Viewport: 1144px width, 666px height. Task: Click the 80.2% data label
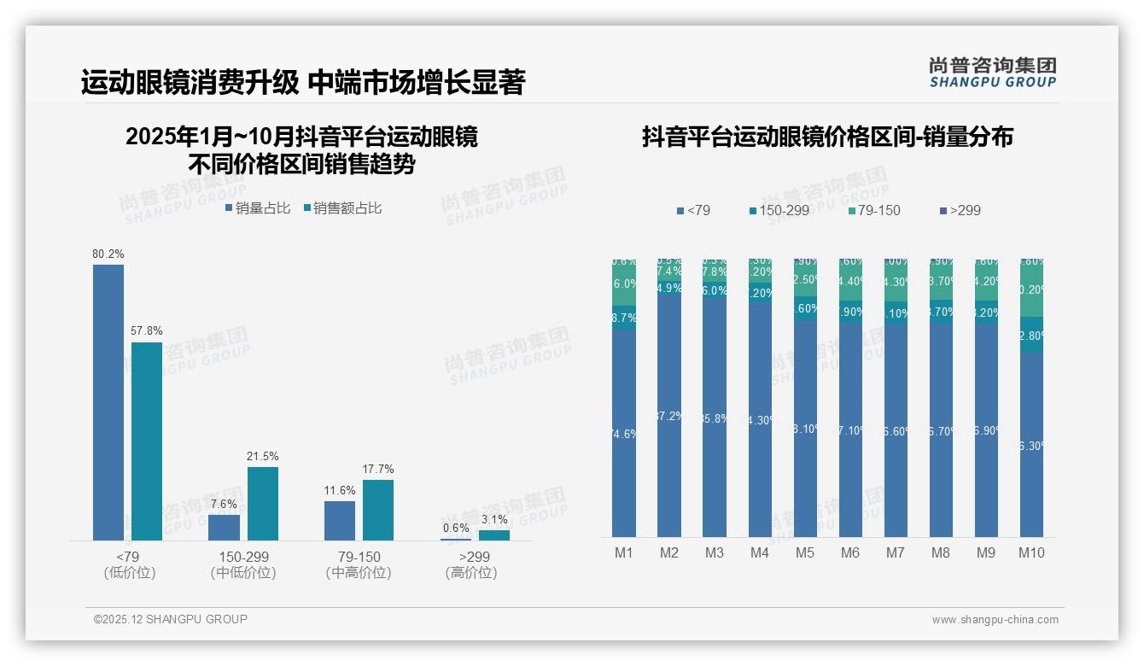tap(108, 254)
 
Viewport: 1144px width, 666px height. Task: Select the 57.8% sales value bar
tap(147, 441)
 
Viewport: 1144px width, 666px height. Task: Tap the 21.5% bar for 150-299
tap(263, 503)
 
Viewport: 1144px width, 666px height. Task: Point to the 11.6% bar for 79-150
tap(340, 520)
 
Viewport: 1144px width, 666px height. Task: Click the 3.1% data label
tap(493, 519)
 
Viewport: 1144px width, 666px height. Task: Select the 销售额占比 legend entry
tap(342, 207)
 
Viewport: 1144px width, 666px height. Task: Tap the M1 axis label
tap(624, 552)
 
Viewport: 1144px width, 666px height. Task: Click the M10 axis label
tap(1031, 552)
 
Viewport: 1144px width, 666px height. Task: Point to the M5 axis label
tap(805, 552)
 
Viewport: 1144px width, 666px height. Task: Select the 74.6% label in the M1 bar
tap(624, 434)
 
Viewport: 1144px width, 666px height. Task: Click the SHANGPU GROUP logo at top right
tap(992, 73)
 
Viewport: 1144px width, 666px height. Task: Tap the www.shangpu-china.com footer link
tap(995, 620)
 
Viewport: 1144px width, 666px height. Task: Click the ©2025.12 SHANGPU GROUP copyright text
tap(170, 619)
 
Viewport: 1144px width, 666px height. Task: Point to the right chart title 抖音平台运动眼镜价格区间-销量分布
tap(827, 137)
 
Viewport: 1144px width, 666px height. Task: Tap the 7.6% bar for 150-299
tap(224, 527)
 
